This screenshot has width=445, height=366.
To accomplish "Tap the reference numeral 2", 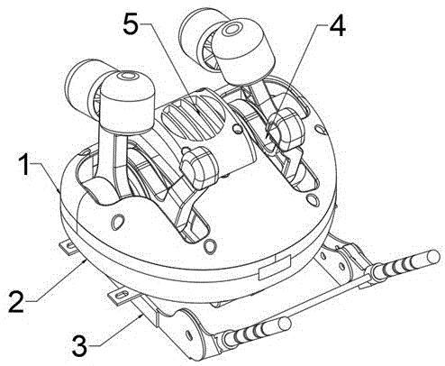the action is [16, 301].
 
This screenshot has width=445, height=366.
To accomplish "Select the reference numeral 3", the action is [79, 346].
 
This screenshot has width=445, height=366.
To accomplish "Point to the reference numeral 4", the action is [338, 26].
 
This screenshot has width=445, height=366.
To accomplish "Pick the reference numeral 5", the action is [131, 23].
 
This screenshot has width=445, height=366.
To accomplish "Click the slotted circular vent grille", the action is [194, 116].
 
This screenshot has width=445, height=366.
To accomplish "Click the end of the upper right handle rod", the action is [433, 257].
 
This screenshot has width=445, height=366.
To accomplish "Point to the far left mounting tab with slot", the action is [68, 247].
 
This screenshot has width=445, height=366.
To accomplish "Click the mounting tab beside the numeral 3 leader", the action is [120, 296].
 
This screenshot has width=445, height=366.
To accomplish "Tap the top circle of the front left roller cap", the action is [129, 76].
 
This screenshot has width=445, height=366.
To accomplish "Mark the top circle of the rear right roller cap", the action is [232, 29].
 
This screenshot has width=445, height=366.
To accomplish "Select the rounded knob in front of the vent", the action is [199, 168].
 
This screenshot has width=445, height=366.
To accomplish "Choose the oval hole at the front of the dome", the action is [210, 245].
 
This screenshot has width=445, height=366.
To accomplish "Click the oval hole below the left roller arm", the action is [117, 221].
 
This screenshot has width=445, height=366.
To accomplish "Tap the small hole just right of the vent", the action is [237, 129].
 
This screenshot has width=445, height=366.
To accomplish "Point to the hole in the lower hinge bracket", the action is [189, 334].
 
